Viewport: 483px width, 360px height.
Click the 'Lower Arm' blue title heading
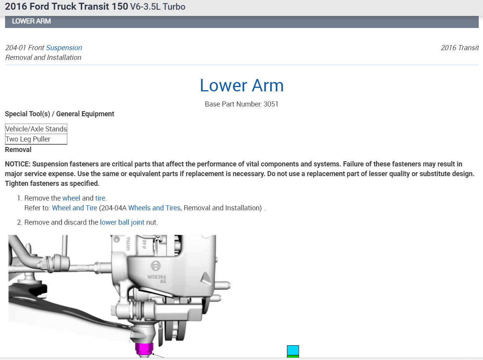[x=241, y=85]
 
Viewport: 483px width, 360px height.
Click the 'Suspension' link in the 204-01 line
[x=64, y=48]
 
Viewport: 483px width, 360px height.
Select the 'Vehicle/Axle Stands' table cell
[x=36, y=129]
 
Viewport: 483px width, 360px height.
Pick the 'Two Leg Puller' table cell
[x=36, y=139]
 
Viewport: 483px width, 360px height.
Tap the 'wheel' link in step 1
[x=71, y=198]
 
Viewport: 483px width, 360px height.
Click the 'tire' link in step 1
[x=100, y=198]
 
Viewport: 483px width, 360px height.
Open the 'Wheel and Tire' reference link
[x=75, y=208]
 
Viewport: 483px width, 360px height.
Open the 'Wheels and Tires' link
[x=154, y=208]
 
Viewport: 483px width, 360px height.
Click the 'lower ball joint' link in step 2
[x=122, y=222]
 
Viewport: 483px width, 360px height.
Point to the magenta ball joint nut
[x=144, y=349]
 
